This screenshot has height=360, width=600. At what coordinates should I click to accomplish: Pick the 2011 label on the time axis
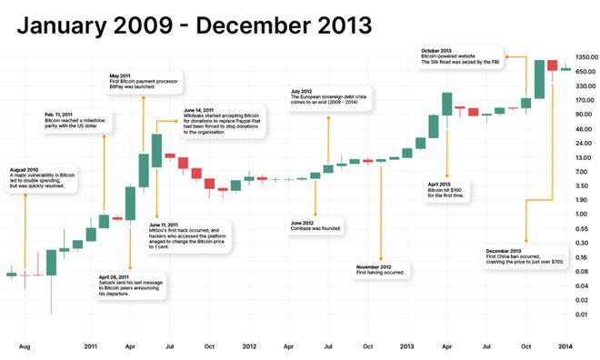pos(91,346)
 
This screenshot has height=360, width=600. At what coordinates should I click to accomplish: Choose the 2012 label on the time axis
pos(249,346)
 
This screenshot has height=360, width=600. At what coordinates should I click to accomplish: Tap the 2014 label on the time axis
pos(565,346)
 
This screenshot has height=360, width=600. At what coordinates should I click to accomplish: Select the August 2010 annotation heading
pos(25,170)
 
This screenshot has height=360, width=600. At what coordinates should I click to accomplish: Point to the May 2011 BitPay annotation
pos(120,75)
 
